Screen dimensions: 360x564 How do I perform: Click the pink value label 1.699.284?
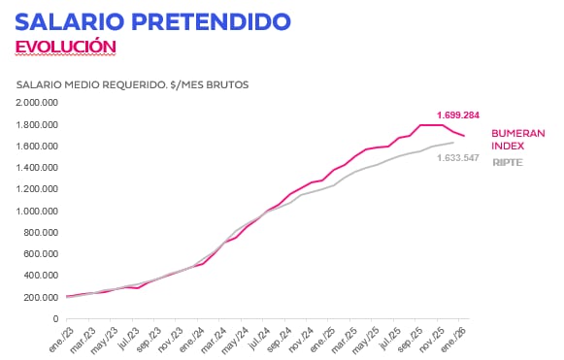click(x=458, y=115)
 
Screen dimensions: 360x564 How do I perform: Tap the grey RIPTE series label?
click(x=506, y=162)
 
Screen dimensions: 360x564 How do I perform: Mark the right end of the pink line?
click(x=464, y=136)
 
